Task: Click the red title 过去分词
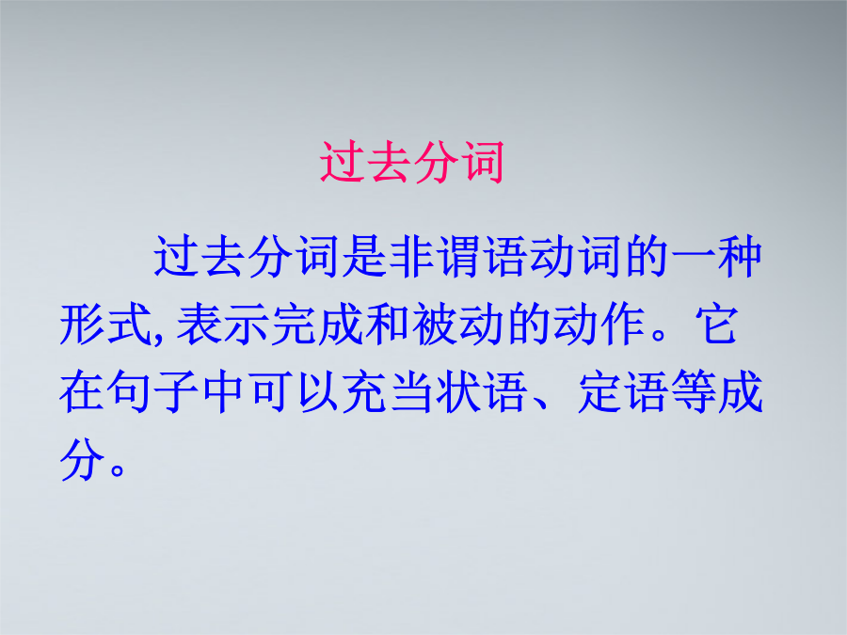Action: click(x=411, y=162)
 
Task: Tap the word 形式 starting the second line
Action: click(x=105, y=325)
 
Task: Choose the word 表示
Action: click(x=223, y=325)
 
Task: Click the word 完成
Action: click(x=317, y=325)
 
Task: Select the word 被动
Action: click(x=458, y=325)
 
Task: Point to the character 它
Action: click(x=716, y=325)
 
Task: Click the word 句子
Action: click(x=152, y=392)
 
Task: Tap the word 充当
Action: click(x=388, y=392)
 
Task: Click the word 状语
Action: click(x=482, y=392)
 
